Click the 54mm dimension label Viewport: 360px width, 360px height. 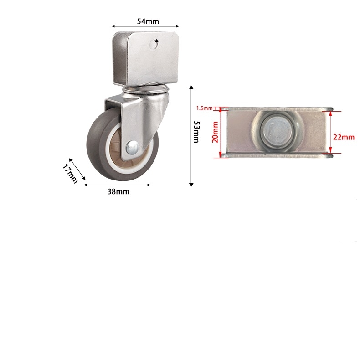pos(148,21)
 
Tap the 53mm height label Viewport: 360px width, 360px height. pos(196,132)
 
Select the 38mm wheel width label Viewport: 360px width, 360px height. pos(118,192)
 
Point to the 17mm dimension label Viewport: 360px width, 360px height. pos(70,173)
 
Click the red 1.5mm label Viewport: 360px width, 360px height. pos(204,108)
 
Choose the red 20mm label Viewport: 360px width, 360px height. pos(215,132)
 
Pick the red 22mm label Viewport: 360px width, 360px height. pos(344,137)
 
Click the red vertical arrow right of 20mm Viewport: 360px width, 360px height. pos(221,133)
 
